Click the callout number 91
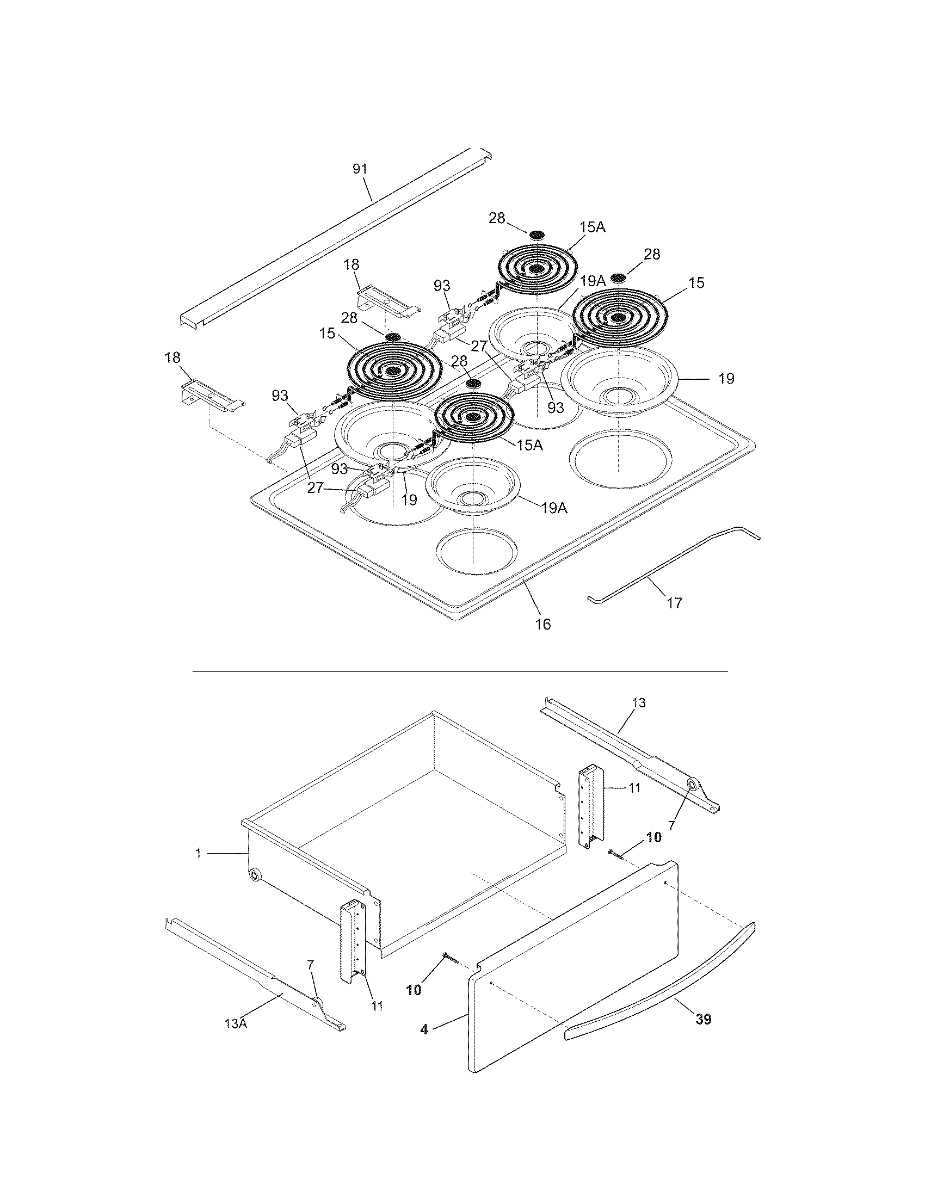coord(360,169)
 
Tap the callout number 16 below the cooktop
coord(542,624)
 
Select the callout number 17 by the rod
coord(675,603)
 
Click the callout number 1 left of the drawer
coord(199,853)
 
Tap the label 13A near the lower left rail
coord(236,1023)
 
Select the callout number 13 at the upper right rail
coord(638,702)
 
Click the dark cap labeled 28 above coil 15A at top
coord(537,234)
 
